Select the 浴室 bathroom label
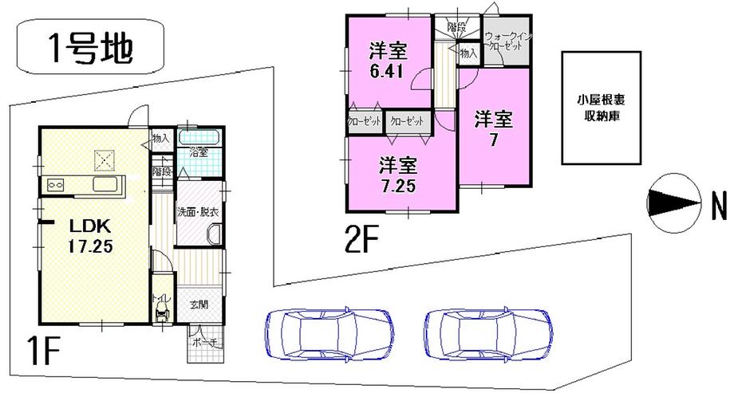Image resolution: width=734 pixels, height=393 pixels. pyautogui.click(x=199, y=152)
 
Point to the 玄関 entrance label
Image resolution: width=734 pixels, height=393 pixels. pyautogui.click(x=199, y=303)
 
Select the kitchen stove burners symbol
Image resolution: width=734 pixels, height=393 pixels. pyautogui.click(x=57, y=185)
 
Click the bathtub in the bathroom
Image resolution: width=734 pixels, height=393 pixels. pyautogui.click(x=200, y=137)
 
